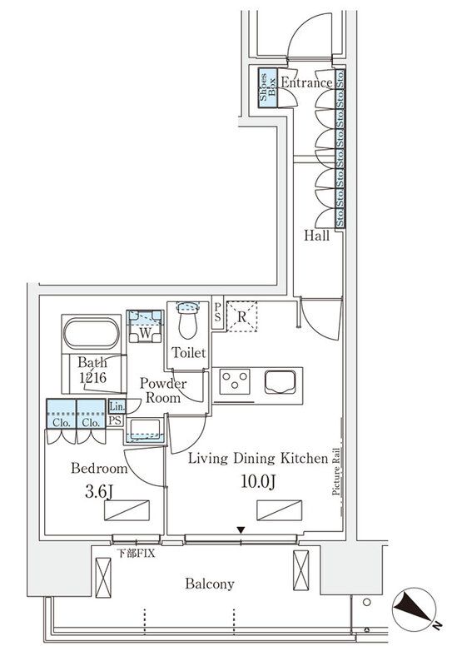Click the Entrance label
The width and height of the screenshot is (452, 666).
click(305, 82)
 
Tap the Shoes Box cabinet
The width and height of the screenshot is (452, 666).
click(267, 86)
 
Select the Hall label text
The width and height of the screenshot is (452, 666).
click(315, 236)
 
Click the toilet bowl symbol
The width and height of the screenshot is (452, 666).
click(189, 317)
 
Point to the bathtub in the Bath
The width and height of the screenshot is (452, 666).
click(92, 335)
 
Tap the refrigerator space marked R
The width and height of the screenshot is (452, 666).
click(241, 316)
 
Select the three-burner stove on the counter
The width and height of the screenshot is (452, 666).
click(236, 382)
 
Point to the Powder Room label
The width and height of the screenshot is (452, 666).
click(162, 390)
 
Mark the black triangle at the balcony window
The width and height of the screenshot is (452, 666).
click(241, 529)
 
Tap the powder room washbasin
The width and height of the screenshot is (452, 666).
click(145, 430)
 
